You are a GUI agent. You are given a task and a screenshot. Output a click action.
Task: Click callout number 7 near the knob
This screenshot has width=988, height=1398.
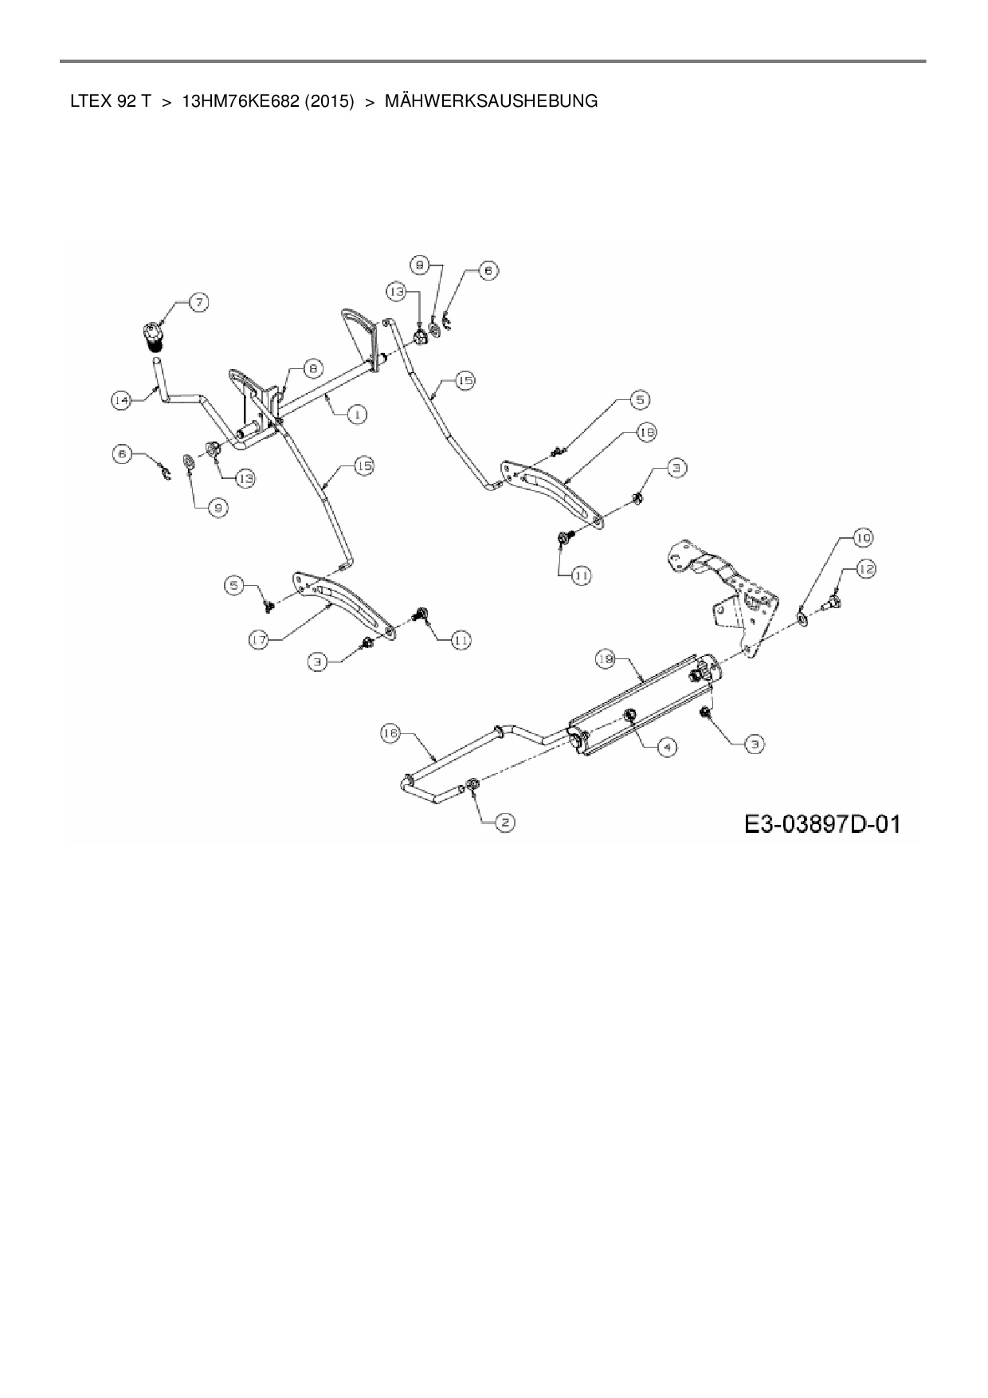(198, 303)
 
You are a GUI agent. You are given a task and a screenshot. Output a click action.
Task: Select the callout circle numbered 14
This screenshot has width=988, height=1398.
(120, 402)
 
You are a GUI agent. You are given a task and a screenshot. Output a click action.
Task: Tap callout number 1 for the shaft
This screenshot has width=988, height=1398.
(357, 414)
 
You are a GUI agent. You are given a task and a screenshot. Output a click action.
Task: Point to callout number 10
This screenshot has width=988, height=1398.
(863, 537)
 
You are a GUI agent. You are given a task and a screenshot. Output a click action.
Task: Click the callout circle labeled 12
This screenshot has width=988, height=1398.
(866, 569)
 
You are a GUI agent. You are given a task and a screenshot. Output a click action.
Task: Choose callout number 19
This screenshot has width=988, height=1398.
(606, 659)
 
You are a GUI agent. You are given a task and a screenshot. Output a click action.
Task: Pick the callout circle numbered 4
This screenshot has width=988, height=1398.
(666, 746)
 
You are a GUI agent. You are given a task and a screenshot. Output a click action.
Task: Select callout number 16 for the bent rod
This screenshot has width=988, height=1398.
(390, 734)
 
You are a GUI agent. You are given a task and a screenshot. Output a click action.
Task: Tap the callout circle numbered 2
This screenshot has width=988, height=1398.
(504, 822)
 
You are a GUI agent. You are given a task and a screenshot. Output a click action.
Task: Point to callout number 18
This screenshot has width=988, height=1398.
(645, 432)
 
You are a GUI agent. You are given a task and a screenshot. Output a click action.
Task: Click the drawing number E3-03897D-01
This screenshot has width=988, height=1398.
(822, 823)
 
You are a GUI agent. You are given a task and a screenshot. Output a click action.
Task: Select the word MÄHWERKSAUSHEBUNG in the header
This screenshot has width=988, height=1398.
(491, 102)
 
